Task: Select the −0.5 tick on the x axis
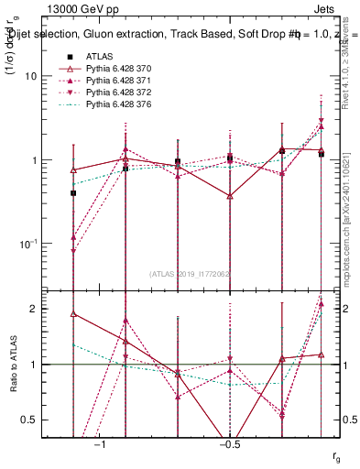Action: click(x=229, y=444)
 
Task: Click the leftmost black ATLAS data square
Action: click(x=73, y=193)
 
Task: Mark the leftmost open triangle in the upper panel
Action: click(x=73, y=170)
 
